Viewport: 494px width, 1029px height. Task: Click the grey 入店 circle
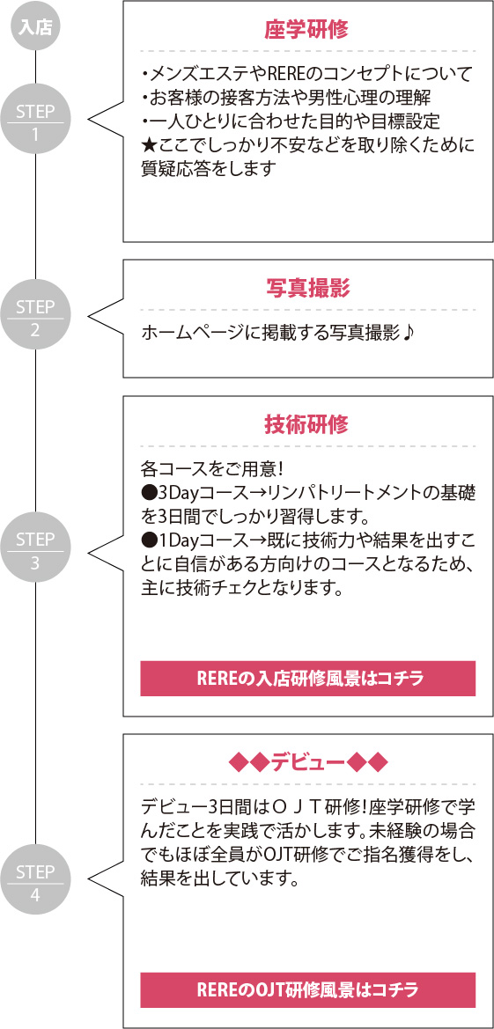35,28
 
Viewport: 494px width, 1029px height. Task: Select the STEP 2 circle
35,319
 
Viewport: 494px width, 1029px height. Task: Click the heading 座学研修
306,30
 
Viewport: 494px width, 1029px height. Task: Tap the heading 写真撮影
306,288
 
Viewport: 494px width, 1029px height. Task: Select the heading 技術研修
306,424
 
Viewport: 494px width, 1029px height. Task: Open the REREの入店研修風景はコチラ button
307,679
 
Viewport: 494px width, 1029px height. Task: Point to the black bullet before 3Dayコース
148,494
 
